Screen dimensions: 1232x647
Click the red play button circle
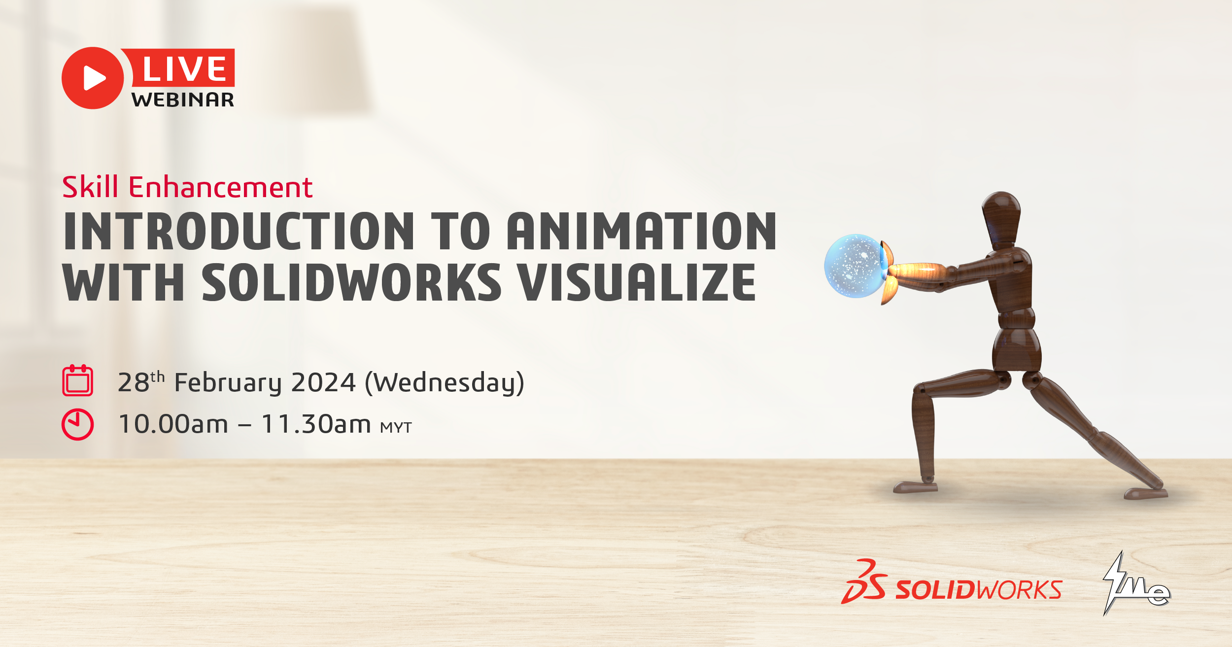tap(93, 78)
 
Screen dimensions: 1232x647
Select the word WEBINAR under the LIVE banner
tap(183, 100)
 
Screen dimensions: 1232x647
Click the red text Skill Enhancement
tap(187, 187)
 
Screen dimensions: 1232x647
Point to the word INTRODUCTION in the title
tap(240, 231)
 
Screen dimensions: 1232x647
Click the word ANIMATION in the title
tap(642, 231)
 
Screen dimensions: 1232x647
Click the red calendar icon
tap(77, 380)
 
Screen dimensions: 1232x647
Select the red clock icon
tap(77, 424)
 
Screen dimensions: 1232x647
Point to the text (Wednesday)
tap(445, 383)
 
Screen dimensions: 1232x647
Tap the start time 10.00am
tap(173, 424)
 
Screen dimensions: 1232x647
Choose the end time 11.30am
tap(316, 424)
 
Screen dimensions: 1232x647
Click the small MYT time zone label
tap(396, 427)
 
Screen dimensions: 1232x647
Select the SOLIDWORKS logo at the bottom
tap(952, 582)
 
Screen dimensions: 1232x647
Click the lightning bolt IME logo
tap(1136, 583)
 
